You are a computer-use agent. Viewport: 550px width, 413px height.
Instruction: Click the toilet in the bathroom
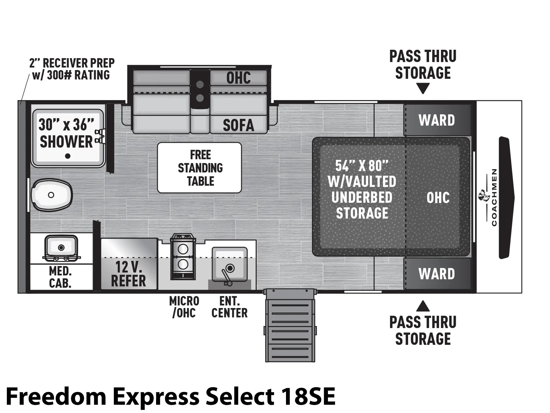(52, 195)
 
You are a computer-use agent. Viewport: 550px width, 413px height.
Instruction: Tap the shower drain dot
(68, 156)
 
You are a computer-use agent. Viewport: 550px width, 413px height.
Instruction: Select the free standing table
(199, 168)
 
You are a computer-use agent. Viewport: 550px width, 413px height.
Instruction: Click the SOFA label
(238, 125)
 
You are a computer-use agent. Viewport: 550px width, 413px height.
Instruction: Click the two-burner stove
(183, 256)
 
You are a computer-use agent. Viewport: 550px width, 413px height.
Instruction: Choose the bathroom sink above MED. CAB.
(61, 247)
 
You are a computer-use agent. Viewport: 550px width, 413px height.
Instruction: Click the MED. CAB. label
(60, 277)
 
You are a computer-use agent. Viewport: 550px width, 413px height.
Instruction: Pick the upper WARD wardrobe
(437, 120)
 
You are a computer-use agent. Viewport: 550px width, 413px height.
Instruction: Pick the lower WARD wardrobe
(437, 274)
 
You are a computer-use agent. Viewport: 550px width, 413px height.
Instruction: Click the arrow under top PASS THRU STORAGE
(422, 89)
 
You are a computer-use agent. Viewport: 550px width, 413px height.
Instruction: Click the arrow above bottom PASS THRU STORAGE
(422, 306)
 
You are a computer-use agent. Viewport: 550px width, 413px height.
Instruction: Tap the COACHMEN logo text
(494, 197)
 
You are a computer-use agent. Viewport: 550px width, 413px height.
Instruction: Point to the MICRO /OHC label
(184, 307)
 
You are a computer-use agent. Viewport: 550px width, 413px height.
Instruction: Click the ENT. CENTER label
(229, 307)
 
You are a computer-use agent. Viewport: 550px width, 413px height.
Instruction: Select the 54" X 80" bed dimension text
(362, 166)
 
